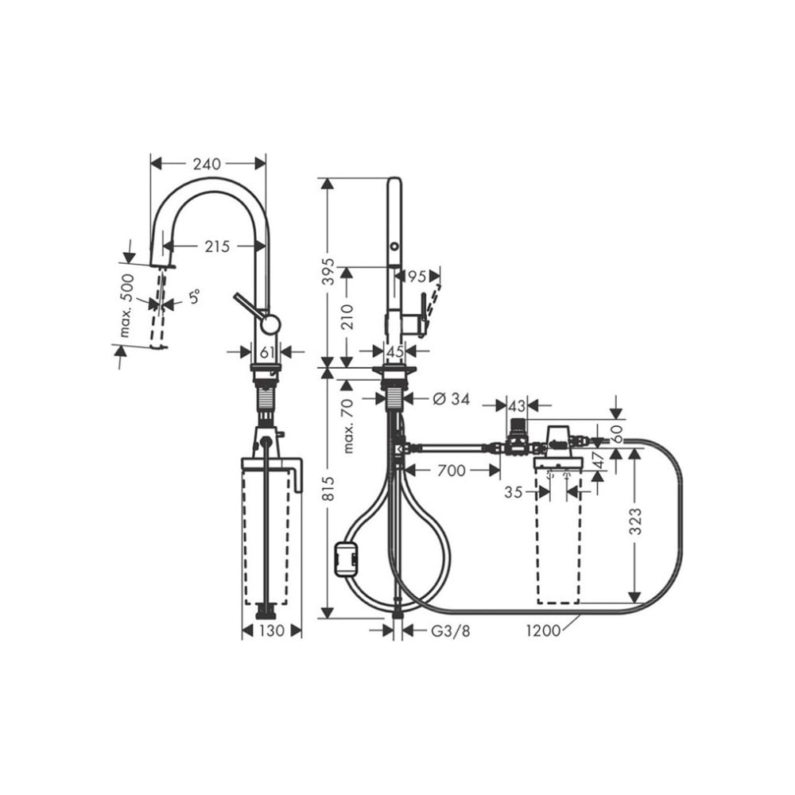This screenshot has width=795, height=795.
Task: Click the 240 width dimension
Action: (207, 164)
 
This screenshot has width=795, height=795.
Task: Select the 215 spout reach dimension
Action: (217, 246)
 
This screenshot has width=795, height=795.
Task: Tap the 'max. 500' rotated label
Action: (126, 306)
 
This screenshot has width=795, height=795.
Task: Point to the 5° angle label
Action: (195, 297)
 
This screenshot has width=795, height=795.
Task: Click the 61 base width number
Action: (266, 351)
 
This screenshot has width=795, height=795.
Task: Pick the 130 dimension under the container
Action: (272, 631)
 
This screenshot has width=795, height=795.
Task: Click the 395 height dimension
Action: (329, 271)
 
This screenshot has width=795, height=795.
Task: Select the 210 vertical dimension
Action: (347, 317)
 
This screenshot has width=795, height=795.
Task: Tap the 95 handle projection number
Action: (417, 277)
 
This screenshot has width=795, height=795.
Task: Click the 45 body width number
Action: (395, 351)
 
